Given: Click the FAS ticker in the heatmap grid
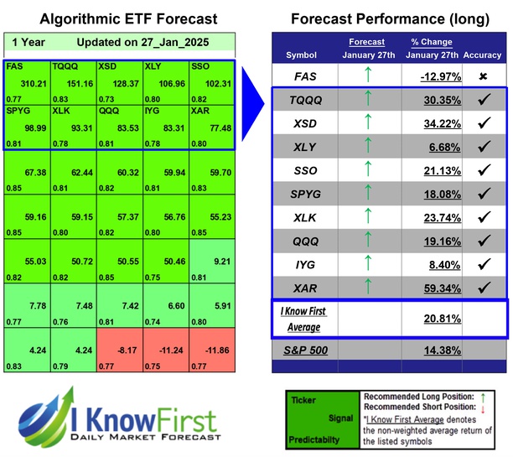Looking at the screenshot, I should click(15, 65).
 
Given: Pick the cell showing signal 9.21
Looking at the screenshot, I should click(215, 263).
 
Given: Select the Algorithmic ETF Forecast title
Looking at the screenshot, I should click(117, 18).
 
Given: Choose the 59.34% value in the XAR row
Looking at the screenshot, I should click(438, 288).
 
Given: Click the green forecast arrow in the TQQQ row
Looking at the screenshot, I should click(366, 100).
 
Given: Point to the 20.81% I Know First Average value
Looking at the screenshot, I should click(438, 319).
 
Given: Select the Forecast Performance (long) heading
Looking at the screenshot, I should click(391, 18).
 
